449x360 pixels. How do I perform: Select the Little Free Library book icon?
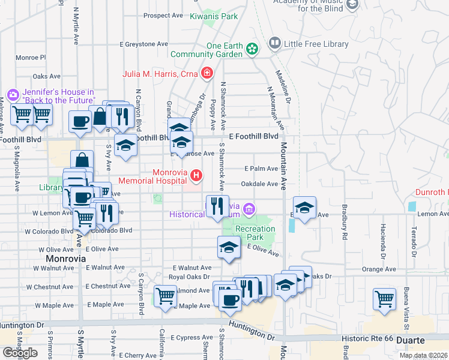click(x=275, y=43)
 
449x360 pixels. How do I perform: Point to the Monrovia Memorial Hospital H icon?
click(x=196, y=176)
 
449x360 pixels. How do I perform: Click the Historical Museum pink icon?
click(x=250, y=209)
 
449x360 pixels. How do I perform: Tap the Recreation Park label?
click(x=255, y=233)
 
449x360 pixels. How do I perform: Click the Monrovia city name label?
click(x=66, y=258)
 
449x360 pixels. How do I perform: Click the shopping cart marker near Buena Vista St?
click(x=384, y=298)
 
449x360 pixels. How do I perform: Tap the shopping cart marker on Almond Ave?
click(x=165, y=296)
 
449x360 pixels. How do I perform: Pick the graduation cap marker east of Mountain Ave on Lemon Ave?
click(x=305, y=208)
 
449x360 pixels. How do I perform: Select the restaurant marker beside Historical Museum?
click(x=217, y=205)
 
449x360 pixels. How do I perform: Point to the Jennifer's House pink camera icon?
click(x=13, y=95)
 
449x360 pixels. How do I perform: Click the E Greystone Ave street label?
click(x=144, y=44)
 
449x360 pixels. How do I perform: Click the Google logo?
click(x=20, y=353)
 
